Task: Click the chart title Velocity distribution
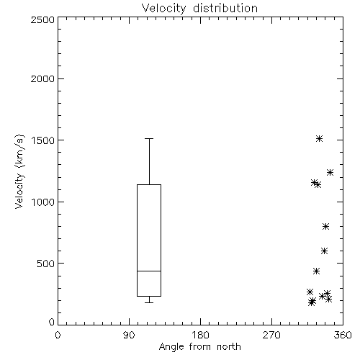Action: click(x=199, y=9)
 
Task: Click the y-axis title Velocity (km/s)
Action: click(x=19, y=171)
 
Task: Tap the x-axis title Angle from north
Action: click(x=199, y=347)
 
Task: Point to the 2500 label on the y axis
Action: click(x=42, y=19)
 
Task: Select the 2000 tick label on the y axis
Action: click(x=42, y=79)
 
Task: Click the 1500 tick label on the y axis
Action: click(x=42, y=140)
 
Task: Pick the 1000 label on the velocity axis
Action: click(x=42, y=202)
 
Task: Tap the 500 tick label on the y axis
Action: click(x=46, y=264)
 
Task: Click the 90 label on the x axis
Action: click(x=129, y=335)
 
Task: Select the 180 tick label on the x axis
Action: click(x=200, y=335)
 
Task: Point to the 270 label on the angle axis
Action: click(x=271, y=335)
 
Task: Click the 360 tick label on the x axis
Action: click(x=343, y=335)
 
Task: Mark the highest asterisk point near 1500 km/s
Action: click(x=319, y=139)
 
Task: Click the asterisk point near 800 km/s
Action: click(x=325, y=226)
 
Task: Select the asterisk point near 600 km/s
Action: click(x=324, y=251)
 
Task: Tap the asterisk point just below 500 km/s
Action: click(x=316, y=271)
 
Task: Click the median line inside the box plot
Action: click(x=149, y=271)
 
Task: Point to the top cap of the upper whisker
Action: click(x=149, y=139)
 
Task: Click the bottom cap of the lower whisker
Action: click(x=149, y=302)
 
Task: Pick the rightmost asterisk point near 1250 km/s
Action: click(x=330, y=172)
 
